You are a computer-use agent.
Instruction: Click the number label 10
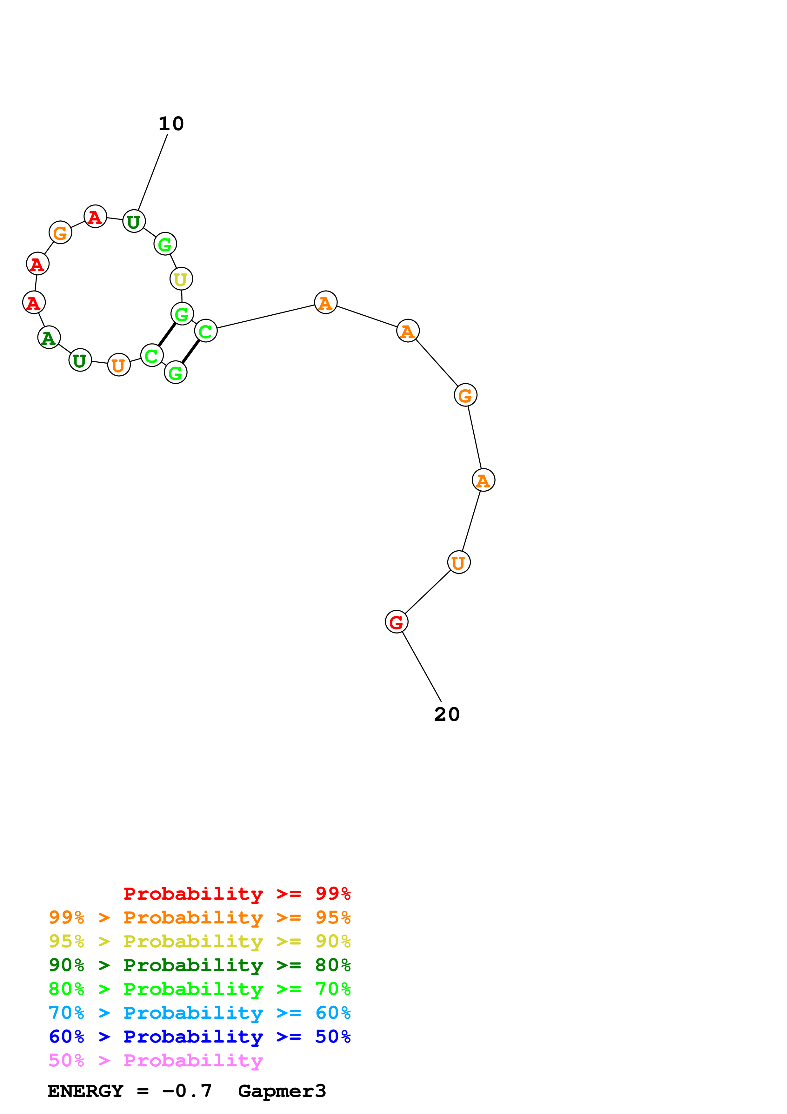point(171,124)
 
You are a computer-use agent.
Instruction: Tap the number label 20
point(447,714)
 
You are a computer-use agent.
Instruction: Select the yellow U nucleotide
point(181,279)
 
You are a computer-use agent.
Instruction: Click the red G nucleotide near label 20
point(397,622)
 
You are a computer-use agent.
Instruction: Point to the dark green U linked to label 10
point(134,222)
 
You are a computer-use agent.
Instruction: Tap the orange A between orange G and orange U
point(484,480)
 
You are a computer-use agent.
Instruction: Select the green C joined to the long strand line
point(206,332)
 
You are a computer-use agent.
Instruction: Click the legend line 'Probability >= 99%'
point(237,893)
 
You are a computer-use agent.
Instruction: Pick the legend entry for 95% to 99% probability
point(199,917)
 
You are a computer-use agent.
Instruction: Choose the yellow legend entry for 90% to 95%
point(199,941)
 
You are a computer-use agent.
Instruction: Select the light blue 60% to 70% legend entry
point(199,1013)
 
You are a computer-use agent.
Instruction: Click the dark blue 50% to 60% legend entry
point(199,1037)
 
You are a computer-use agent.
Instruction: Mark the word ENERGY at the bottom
point(85,1091)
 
